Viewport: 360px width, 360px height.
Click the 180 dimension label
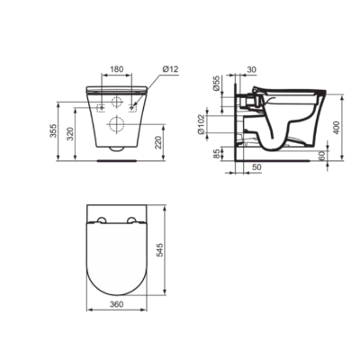(x=117, y=69)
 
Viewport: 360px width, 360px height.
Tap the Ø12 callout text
(x=170, y=69)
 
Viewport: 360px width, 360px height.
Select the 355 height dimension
(x=53, y=130)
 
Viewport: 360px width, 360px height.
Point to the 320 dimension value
(x=69, y=134)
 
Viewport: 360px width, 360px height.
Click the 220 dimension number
(x=158, y=142)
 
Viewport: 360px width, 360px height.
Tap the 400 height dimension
(x=337, y=128)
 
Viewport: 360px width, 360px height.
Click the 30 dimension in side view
(x=252, y=69)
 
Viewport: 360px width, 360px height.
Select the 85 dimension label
(x=217, y=154)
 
